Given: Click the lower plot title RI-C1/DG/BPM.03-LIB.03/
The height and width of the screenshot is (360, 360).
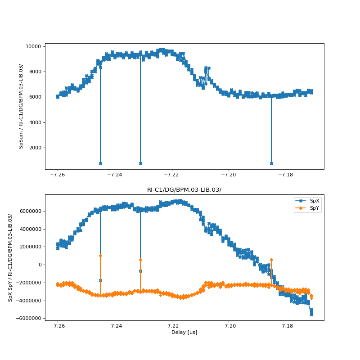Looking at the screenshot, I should (184, 190).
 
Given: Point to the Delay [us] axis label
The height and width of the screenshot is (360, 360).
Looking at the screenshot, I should (184, 333).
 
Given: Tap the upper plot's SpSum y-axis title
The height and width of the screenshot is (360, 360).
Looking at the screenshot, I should (21, 106).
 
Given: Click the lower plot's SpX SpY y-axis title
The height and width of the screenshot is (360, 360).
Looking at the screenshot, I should (10, 257).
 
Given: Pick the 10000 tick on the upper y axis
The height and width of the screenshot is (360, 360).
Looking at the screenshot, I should (33, 46).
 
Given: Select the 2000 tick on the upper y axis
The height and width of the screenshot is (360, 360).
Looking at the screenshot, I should (35, 148).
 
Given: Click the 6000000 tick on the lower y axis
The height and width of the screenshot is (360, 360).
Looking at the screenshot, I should (28, 211).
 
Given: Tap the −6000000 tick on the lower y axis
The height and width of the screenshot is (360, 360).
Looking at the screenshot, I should (27, 318).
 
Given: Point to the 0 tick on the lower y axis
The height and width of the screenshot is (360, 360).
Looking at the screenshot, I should (40, 265).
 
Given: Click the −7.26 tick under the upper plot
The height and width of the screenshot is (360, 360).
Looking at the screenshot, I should (58, 175).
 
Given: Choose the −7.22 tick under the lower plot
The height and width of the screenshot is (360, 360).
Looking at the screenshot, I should (171, 326).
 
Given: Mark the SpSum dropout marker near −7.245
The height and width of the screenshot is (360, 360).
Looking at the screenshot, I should (100, 163).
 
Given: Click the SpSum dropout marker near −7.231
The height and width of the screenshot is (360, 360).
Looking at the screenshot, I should (140, 163).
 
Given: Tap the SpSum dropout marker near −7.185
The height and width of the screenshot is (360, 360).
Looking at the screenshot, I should (271, 163).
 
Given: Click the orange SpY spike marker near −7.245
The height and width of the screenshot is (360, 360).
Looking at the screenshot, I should (100, 256).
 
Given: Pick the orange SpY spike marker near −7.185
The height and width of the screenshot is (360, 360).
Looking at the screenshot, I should (271, 260).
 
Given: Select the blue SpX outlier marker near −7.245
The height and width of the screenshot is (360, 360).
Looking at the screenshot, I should (100, 280).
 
